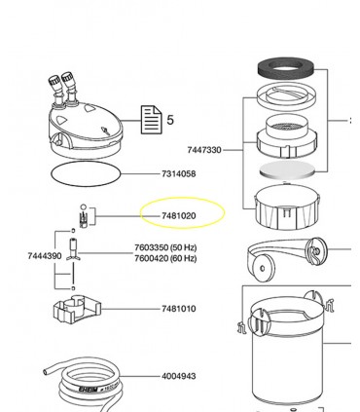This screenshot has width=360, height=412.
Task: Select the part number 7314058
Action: click(178, 173)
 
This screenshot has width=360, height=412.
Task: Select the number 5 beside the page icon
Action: click(170, 120)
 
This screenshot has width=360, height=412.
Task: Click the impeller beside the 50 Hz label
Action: click(72, 256)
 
